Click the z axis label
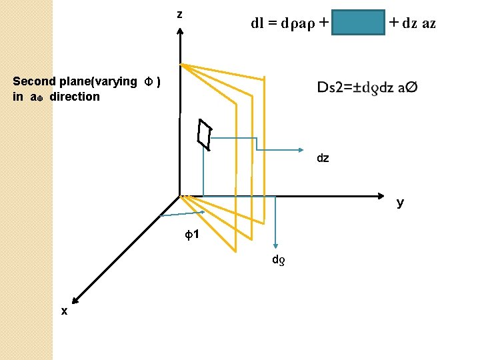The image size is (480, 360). coord(179,14)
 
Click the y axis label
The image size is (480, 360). coord(400,203)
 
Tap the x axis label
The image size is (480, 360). coord(64,311)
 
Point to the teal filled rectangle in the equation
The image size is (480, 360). coord(359,23)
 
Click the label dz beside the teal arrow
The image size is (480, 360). coord(323,159)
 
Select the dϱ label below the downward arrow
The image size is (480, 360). coord(277,259)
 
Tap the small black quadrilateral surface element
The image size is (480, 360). coord(204,134)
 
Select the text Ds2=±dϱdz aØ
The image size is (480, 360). coord(367,88)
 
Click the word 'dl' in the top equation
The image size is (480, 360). coord(257,23)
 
